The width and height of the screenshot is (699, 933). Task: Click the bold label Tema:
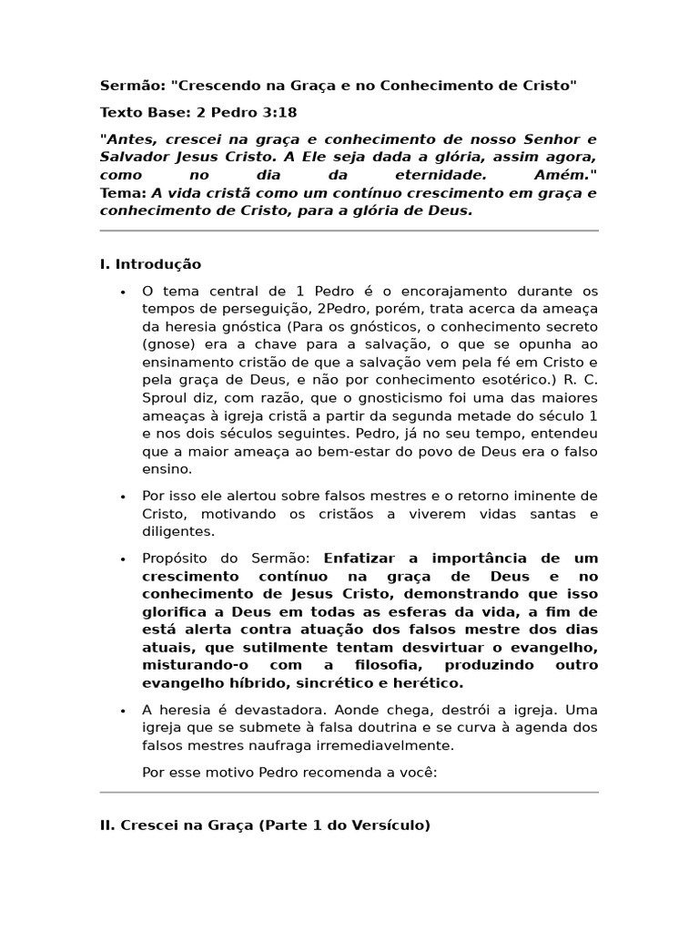click(123, 192)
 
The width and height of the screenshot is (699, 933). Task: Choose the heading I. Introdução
click(150, 264)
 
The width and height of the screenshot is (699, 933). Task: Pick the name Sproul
click(164, 397)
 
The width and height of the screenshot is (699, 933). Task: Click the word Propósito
click(177, 558)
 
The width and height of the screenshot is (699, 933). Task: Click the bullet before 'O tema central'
click(123, 292)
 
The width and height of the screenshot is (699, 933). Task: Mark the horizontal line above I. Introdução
click(349, 231)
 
